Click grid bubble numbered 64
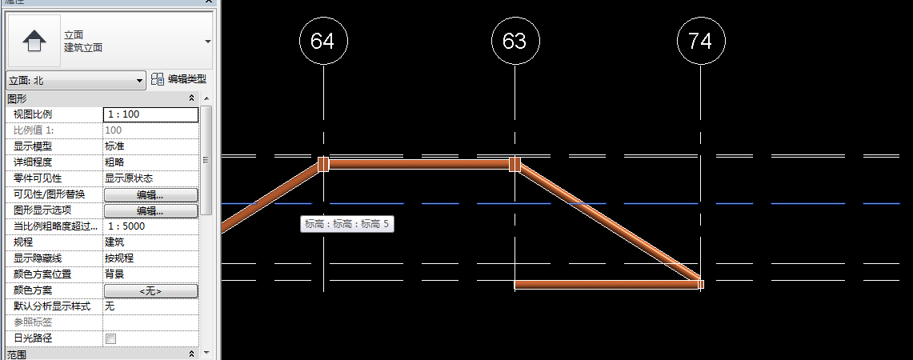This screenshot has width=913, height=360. (322, 42)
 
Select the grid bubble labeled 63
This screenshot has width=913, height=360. (515, 42)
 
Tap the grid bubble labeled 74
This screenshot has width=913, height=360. (700, 42)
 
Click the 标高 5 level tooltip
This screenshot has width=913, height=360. (346, 225)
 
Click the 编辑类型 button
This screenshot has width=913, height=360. (179, 79)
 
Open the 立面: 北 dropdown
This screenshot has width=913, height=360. (76, 80)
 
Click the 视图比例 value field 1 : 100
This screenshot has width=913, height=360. (150, 114)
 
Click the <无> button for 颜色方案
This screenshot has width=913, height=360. (150, 290)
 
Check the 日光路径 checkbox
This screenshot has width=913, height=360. (111, 339)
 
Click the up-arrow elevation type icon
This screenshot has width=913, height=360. (33, 42)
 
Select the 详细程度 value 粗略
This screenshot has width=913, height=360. (150, 162)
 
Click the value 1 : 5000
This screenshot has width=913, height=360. (150, 226)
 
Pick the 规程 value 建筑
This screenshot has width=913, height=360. (150, 242)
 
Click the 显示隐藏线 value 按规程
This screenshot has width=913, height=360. (150, 258)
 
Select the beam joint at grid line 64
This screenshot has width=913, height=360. (323, 164)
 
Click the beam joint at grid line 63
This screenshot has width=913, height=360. (515, 164)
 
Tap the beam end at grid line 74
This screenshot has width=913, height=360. (700, 284)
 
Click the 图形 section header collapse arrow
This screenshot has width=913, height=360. (191, 98)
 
